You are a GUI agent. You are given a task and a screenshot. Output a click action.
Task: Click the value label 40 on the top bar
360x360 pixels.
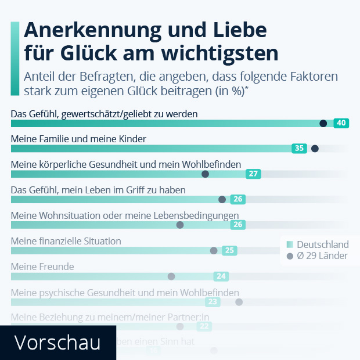pos(341,123)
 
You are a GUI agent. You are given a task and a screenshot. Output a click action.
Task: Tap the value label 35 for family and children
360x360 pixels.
pos(299,148)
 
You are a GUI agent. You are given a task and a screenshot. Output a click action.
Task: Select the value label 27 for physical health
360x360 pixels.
pos(253,174)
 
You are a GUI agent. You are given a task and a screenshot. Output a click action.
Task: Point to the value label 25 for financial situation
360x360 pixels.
pos(229,250)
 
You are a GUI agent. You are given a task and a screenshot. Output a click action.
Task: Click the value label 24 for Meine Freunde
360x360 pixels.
pos(221,276)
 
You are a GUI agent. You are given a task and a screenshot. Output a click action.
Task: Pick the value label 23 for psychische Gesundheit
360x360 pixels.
pos(213,301)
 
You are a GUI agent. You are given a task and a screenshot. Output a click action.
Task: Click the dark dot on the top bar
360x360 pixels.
pos(323,123)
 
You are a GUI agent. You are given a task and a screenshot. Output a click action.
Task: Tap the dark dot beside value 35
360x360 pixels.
pos(315,149)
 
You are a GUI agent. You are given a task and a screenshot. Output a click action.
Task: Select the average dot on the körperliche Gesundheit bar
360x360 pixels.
pos(205,174)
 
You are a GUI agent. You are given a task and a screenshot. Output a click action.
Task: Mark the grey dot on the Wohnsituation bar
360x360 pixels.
pos(180,225)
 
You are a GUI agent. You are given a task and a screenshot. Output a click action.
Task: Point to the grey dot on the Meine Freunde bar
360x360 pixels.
pos(171,276)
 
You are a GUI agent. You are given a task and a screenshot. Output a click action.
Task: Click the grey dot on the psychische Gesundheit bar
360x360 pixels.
pos(239,301)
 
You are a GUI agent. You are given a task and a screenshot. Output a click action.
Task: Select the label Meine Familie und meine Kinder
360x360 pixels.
pos(78,139)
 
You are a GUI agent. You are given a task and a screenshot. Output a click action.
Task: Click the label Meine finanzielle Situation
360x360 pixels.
pos(66,241)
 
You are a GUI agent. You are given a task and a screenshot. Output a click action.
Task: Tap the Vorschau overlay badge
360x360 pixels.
pos(57,342)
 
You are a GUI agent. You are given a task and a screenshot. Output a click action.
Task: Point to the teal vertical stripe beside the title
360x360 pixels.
pos(16,58)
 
